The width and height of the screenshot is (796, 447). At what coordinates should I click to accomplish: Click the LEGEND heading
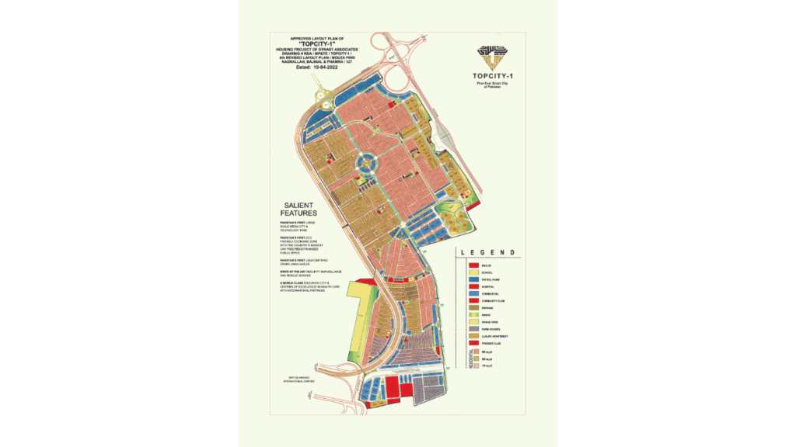pyautogui.click(x=487, y=253)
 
